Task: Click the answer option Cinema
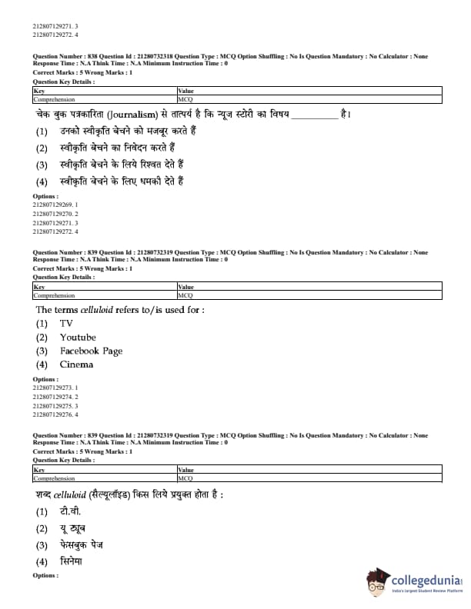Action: pos(76,364)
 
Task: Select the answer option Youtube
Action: pos(78,337)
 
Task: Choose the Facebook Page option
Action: pos(91,351)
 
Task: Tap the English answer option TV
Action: pos(66,323)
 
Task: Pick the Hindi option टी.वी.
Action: pos(70,511)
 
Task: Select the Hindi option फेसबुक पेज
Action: pos(81,544)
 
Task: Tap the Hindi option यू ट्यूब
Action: pos(72,528)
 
